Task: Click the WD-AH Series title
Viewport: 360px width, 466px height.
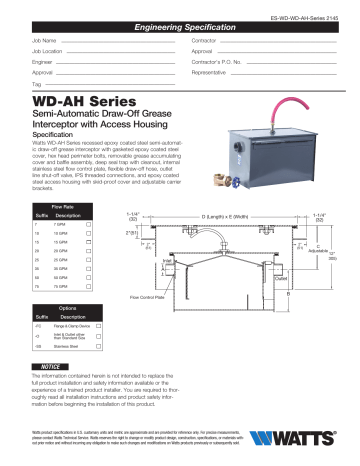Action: pos(71,103)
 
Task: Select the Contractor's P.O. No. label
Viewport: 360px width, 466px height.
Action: pos(214,61)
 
